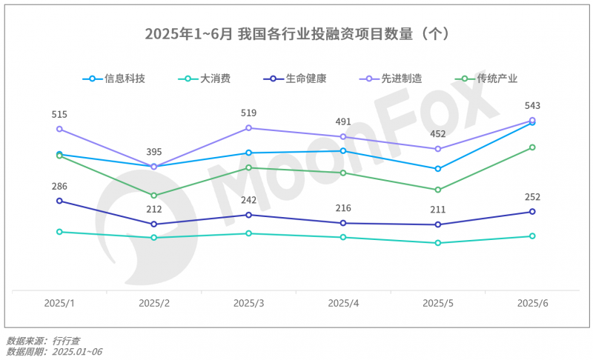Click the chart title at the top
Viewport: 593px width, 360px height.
pyautogui.click(x=296, y=34)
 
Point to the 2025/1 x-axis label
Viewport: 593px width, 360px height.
pyautogui.click(x=59, y=304)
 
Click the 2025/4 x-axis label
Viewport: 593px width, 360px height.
pyautogui.click(x=343, y=304)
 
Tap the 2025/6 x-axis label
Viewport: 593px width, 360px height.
pyautogui.click(x=532, y=304)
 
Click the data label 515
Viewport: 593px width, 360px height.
pyautogui.click(x=59, y=115)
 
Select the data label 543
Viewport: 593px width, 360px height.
pyautogui.click(x=532, y=106)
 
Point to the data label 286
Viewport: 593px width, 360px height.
pyautogui.click(x=59, y=186)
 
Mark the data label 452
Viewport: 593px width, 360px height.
pyautogui.click(x=438, y=134)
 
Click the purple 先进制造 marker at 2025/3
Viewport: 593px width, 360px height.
pyautogui.click(x=249, y=128)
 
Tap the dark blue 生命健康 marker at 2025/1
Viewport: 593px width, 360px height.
pyautogui.click(x=59, y=201)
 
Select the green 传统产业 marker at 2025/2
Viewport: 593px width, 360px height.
pyautogui.click(x=154, y=196)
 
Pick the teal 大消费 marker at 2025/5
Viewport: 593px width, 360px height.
pyautogui.click(x=438, y=243)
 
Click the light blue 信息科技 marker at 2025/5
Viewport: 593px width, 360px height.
pyautogui.click(x=438, y=169)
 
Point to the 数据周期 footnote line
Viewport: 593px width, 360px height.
pyautogui.click(x=53, y=351)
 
